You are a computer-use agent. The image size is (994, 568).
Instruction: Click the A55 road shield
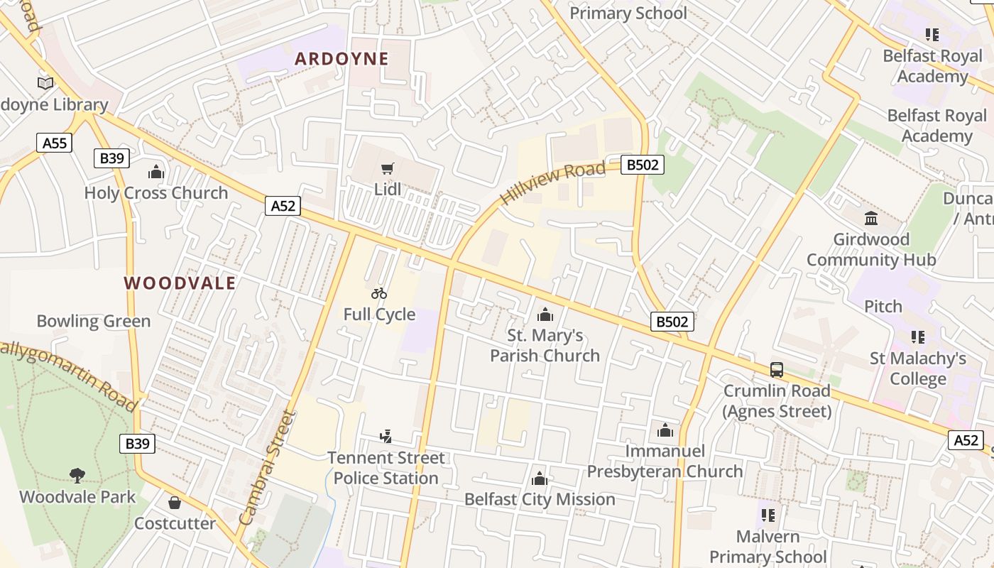[55, 143]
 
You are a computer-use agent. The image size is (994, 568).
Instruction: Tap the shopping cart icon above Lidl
[387, 168]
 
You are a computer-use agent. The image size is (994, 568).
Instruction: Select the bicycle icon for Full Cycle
[379, 293]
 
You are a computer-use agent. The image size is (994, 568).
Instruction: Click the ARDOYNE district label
[342, 59]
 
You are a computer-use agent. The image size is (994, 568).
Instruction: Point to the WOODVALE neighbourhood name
[180, 283]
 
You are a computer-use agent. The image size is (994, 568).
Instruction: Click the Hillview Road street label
[553, 182]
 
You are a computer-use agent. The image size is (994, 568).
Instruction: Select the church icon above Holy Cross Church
[156, 172]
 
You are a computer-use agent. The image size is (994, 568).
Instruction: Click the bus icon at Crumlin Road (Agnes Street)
[777, 369]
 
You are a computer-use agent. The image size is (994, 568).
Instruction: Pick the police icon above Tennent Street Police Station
[386, 437]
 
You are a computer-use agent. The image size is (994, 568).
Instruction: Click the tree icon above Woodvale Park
[77, 476]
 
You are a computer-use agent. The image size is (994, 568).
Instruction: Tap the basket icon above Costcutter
[175, 503]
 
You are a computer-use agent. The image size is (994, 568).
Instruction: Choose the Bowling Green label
[94, 321]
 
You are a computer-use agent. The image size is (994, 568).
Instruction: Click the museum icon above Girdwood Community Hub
[871, 218]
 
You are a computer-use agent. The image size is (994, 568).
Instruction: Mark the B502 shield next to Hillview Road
[642, 165]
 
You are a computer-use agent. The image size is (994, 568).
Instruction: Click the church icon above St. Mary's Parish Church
[545, 314]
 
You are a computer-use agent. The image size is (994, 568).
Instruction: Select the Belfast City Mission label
[540, 499]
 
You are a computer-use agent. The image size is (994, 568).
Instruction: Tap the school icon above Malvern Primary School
[768, 515]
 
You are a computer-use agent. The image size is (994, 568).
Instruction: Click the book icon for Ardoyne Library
[45, 84]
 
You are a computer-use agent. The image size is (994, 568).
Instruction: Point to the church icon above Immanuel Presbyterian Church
[665, 430]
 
